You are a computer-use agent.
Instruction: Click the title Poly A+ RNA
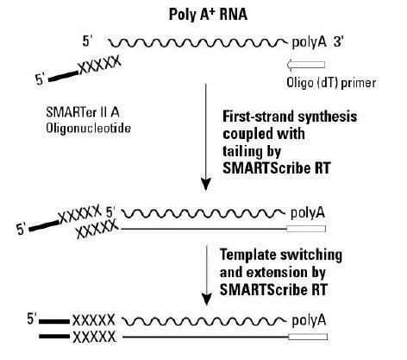click(208, 15)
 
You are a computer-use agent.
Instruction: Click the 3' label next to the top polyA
click(338, 42)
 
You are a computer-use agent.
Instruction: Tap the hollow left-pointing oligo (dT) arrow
click(306, 65)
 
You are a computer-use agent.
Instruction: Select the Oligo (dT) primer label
click(331, 83)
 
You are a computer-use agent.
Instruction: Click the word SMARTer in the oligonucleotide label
click(71, 112)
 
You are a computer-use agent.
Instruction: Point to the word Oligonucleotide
click(88, 128)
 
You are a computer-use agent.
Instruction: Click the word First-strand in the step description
click(258, 117)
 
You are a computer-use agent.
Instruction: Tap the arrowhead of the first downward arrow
click(206, 184)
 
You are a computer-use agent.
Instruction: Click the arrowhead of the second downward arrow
click(206, 300)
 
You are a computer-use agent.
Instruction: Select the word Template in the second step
click(247, 255)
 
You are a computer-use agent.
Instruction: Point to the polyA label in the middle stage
click(308, 213)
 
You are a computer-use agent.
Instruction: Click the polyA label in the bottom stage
click(309, 320)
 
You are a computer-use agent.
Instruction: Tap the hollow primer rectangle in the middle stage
click(306, 229)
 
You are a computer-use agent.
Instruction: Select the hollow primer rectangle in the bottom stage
click(308, 337)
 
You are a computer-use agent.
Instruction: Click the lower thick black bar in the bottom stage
click(54, 337)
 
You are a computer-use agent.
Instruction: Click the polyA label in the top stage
click(309, 42)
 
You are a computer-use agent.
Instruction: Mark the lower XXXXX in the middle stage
click(97, 229)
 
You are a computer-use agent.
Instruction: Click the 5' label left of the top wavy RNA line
click(88, 41)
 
